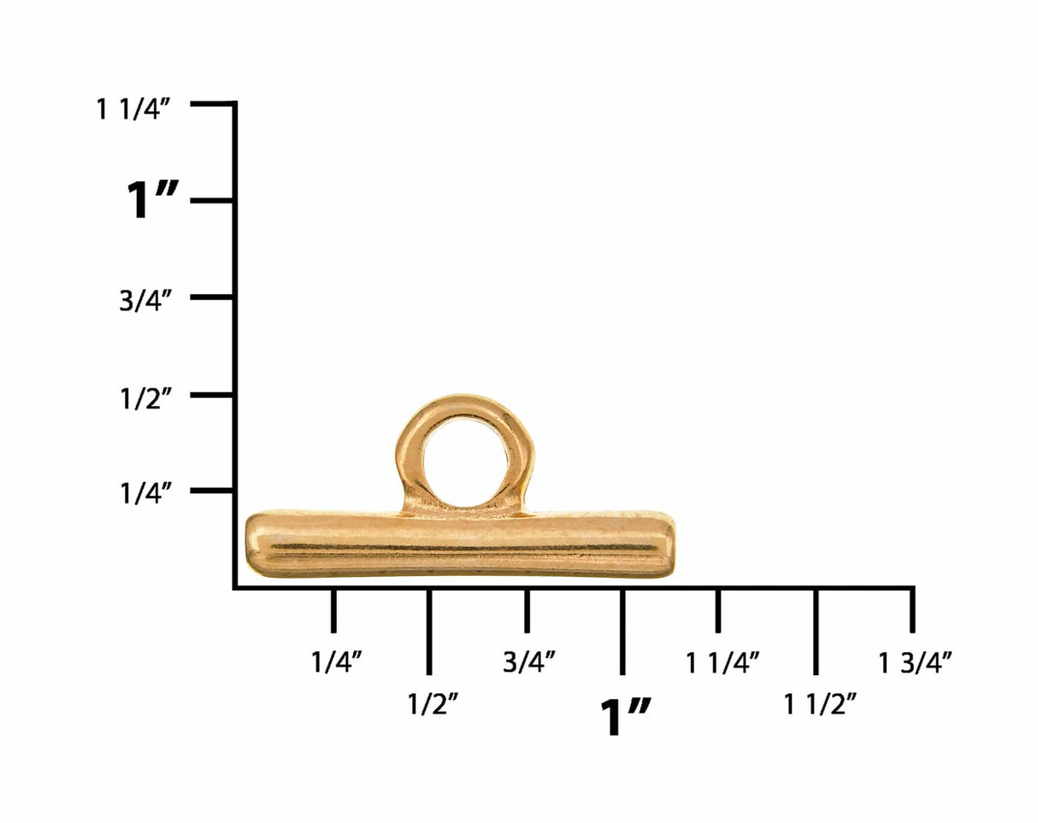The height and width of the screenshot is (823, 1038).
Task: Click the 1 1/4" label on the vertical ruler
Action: pyautogui.click(x=133, y=109)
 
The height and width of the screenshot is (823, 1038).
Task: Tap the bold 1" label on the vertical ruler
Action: pyautogui.click(x=151, y=200)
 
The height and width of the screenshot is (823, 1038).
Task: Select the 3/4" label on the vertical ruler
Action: pyautogui.click(x=145, y=301)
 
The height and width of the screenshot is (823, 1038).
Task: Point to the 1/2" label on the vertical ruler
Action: pyautogui.click(x=145, y=399)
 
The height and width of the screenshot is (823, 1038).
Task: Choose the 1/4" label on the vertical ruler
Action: pyautogui.click(x=145, y=493)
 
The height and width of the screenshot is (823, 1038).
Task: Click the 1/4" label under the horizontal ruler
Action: pyautogui.click(x=336, y=662)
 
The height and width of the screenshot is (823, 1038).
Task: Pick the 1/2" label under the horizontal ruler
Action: pyautogui.click(x=432, y=704)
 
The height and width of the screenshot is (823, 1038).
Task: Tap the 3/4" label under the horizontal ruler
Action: pyautogui.click(x=529, y=662)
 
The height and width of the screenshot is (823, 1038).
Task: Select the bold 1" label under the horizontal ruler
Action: pyautogui.click(x=626, y=717)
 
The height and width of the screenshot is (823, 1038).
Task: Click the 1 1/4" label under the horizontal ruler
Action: pyautogui.click(x=722, y=663)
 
